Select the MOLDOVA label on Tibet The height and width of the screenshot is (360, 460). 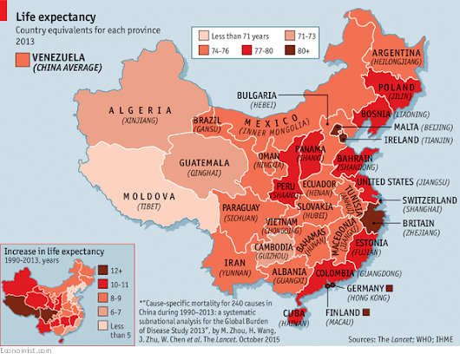pyautogui.click(x=149, y=197)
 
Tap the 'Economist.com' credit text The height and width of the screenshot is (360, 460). pyautogui.click(x=25, y=354)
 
